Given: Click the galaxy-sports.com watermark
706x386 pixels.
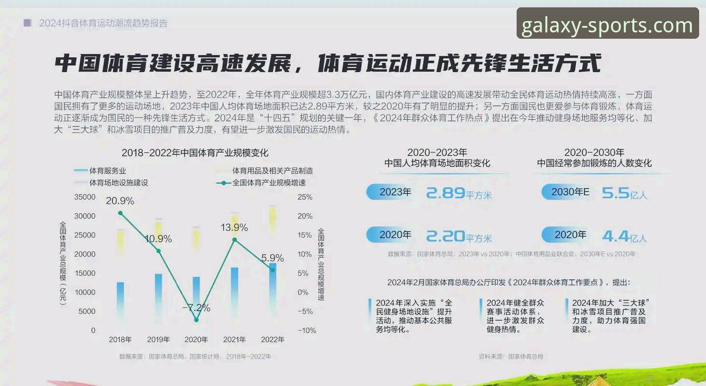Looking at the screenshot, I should pos(607,24).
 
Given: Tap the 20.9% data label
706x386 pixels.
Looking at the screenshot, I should pos(120,201).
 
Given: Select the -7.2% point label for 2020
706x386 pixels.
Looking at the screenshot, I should pos(196,308).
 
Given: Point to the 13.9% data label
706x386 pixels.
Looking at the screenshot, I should pos(234,228).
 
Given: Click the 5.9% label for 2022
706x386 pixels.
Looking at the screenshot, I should pos(272,258).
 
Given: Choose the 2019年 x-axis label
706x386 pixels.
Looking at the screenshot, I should pos(158,339).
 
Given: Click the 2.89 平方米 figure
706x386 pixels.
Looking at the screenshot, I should pos(458,193).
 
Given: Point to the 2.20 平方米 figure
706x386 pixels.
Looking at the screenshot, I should pos(458,237).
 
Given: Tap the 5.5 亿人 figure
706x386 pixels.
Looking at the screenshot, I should pos(624,194).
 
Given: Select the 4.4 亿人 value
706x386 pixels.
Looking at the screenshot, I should pos(624,237).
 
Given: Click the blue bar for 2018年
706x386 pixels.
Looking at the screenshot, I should pos(120,302).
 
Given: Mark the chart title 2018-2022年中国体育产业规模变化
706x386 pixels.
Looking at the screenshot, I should pos(195,153).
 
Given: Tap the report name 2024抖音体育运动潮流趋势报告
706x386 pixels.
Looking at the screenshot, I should pos(103,23).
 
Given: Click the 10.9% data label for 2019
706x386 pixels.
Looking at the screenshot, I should pos(158,239).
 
